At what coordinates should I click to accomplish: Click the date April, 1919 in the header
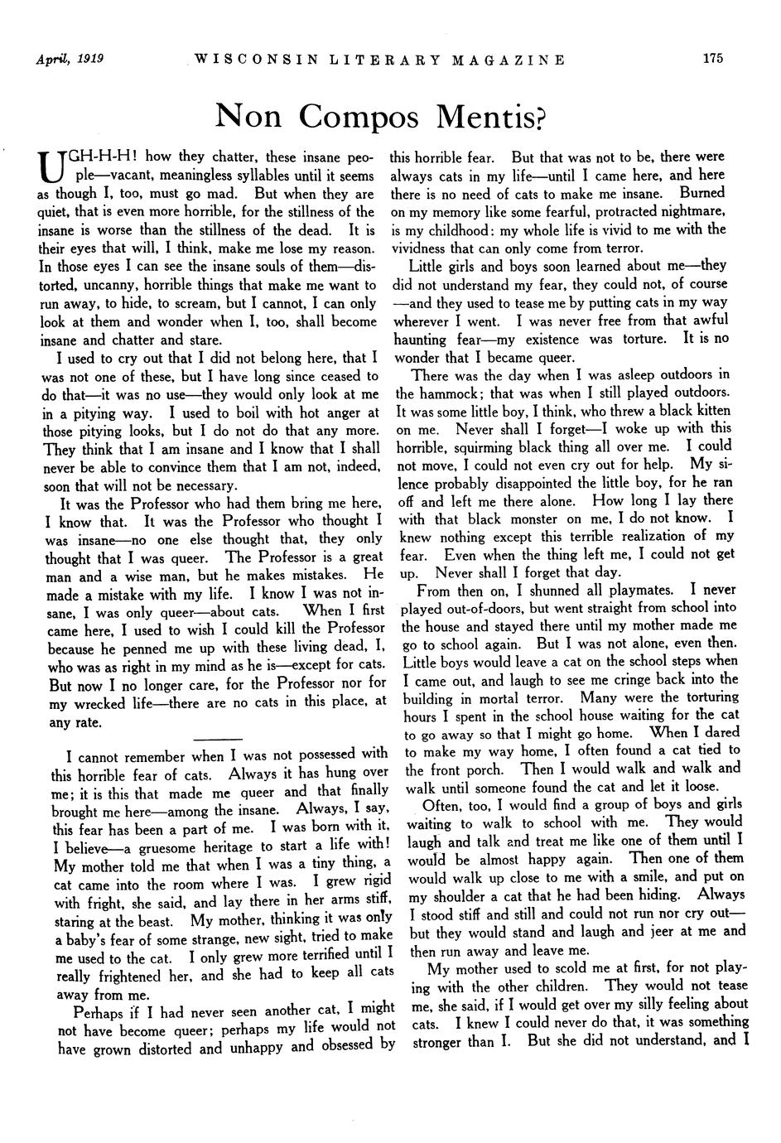(63, 59)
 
